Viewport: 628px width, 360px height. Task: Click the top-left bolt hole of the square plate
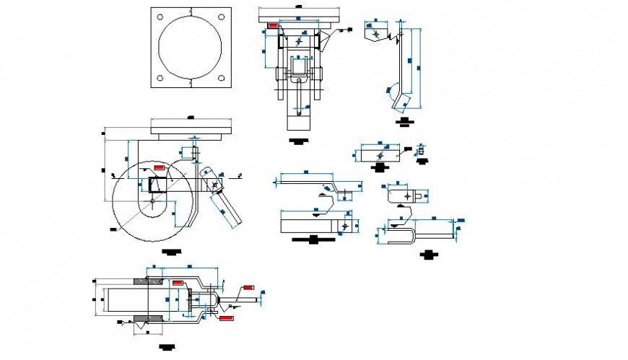pos(159,17)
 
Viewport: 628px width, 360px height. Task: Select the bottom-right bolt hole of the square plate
pos(223,78)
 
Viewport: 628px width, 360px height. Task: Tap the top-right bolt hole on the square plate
pos(223,17)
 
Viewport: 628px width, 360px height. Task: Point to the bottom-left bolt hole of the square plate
pos(159,78)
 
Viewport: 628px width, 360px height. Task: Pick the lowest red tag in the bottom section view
pos(226,317)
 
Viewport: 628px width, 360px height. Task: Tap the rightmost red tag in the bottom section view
pos(249,287)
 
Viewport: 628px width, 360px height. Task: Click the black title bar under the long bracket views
pos(313,240)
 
